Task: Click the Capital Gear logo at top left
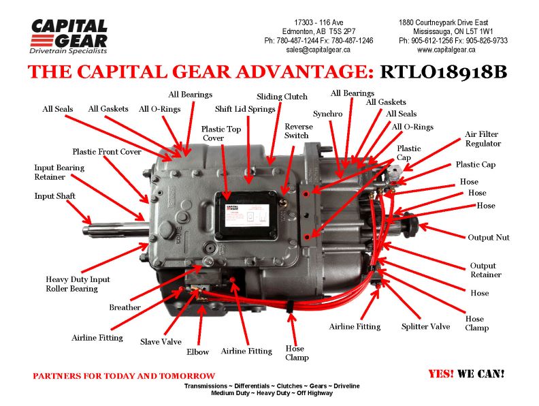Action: tap(69, 37)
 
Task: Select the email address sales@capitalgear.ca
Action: tap(318, 50)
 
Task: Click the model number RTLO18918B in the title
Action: tap(443, 72)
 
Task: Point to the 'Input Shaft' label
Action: tap(55, 196)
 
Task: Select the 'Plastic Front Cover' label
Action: tap(107, 152)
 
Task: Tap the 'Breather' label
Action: tap(125, 307)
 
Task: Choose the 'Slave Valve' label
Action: tap(161, 342)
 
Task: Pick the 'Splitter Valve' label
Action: tap(425, 327)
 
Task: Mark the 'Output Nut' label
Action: tap(488, 238)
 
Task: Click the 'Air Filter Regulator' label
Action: tap(483, 139)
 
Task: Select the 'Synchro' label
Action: tap(327, 114)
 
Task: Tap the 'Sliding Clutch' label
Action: tap(282, 97)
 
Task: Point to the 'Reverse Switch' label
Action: tap(298, 131)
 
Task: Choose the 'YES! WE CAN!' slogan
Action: tap(466, 374)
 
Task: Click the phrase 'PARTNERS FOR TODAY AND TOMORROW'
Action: tap(124, 376)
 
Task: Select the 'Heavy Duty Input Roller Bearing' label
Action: tap(78, 284)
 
